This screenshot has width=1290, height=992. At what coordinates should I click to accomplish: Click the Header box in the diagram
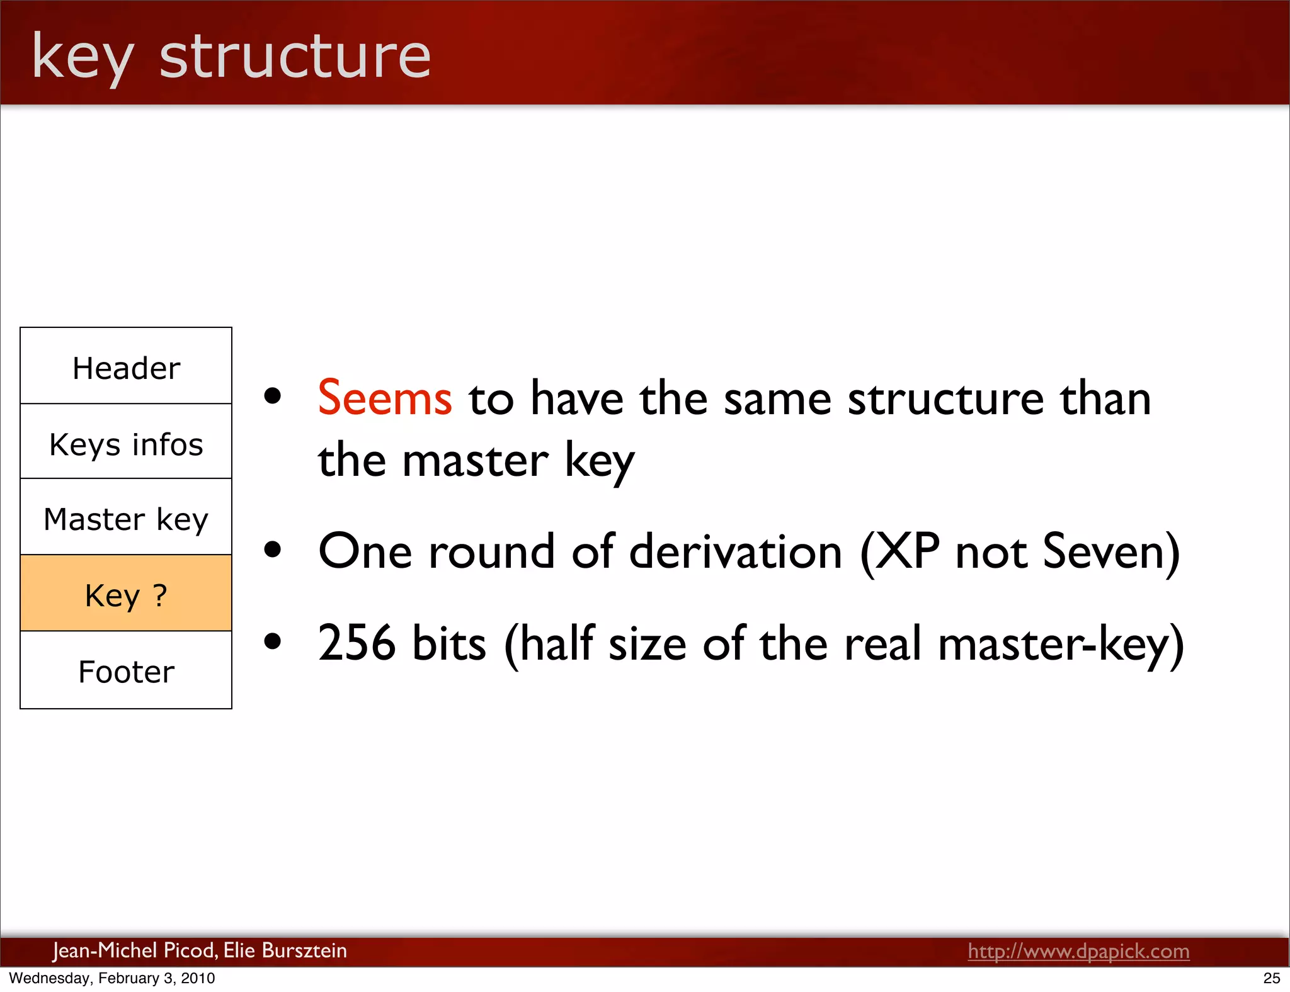pyautogui.click(x=126, y=366)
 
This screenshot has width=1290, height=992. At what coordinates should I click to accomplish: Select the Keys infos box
pyautogui.click(x=126, y=442)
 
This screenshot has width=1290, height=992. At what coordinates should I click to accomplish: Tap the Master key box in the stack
pyautogui.click(x=126, y=518)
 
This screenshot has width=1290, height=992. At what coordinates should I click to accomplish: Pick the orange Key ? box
pyautogui.click(x=126, y=594)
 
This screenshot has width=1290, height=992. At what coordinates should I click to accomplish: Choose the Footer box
pyautogui.click(x=126, y=671)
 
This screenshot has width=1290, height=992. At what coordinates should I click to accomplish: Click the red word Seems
pyautogui.click(x=385, y=398)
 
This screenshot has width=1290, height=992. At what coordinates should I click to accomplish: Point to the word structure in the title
pyautogui.click(x=295, y=56)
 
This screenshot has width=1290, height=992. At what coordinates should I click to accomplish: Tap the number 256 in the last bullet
pyautogui.click(x=357, y=643)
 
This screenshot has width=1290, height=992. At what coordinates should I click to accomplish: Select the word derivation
pyautogui.click(x=735, y=551)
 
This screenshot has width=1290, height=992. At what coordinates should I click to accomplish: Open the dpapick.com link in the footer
pyautogui.click(x=1078, y=951)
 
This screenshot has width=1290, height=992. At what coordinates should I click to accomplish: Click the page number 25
pyautogui.click(x=1271, y=978)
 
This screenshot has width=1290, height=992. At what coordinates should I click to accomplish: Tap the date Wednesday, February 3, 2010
pyautogui.click(x=112, y=978)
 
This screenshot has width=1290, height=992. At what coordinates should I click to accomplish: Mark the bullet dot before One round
pyautogui.click(x=273, y=550)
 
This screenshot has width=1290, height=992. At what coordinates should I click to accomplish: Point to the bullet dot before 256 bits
pyautogui.click(x=273, y=642)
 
